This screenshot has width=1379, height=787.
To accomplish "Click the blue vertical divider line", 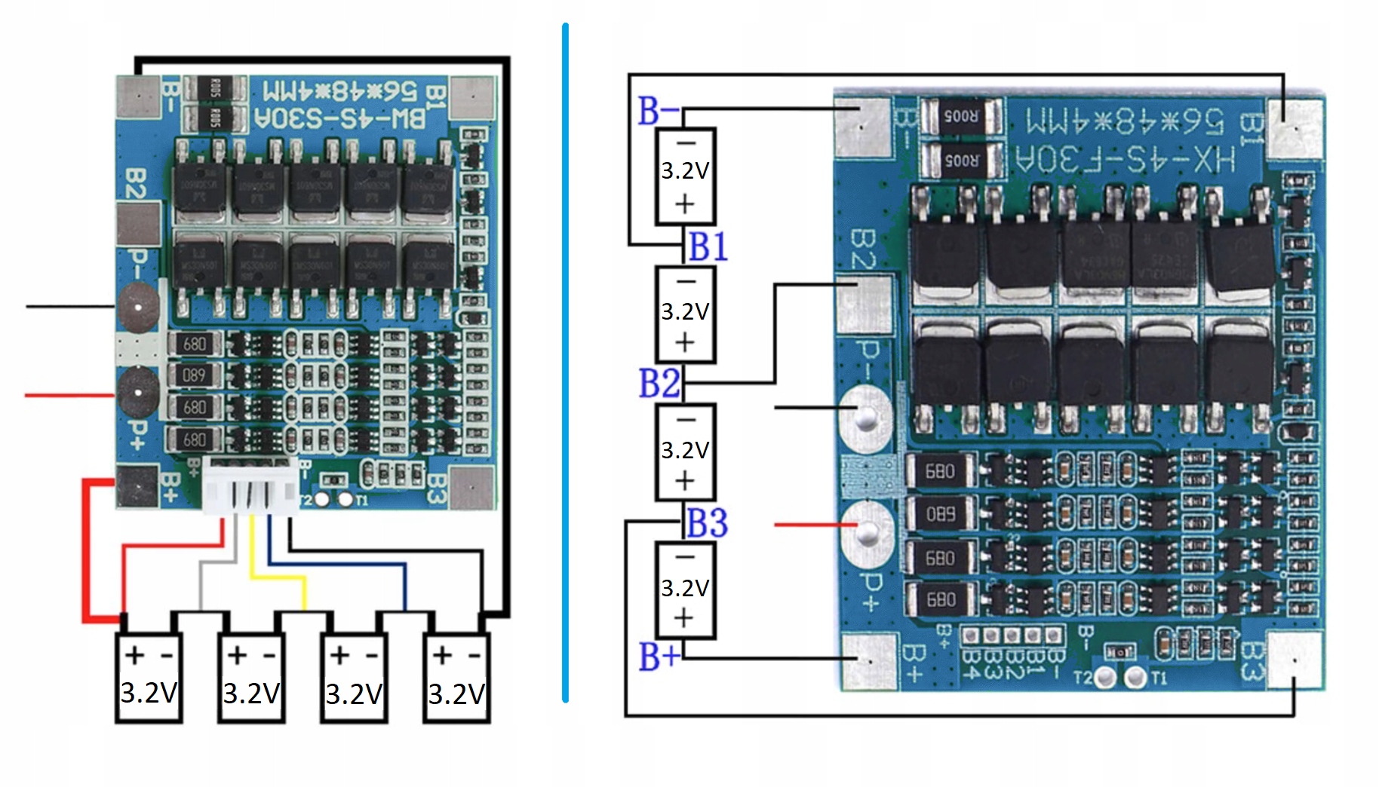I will [565, 362].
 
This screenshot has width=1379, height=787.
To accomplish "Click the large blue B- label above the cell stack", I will [658, 111].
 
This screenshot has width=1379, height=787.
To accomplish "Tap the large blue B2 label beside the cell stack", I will [659, 383].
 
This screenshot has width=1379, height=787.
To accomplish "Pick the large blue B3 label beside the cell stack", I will [707, 523].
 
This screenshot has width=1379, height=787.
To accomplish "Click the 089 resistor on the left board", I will [194, 375].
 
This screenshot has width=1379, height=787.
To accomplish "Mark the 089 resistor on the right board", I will [940, 514].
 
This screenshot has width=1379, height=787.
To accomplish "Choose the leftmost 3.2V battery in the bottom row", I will [149, 679].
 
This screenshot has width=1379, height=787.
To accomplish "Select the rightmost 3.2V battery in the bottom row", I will [456, 679].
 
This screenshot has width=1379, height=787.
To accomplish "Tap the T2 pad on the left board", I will [322, 499].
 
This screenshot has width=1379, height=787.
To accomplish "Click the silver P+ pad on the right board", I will [868, 532].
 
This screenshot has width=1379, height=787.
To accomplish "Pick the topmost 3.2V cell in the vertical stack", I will [685, 176].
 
